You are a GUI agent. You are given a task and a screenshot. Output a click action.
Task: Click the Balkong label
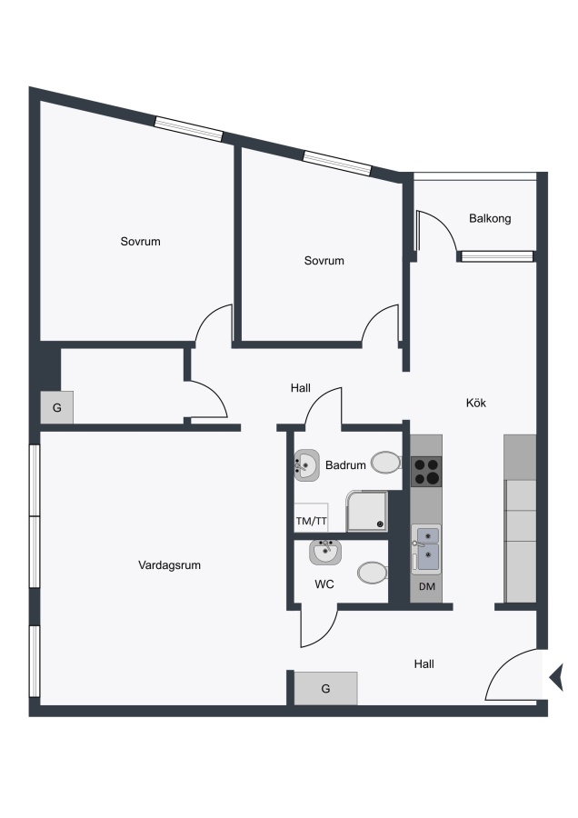pos(490,218)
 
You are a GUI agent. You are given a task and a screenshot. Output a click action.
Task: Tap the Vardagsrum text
pos(170,565)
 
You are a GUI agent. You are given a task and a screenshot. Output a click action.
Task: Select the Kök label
pos(475,403)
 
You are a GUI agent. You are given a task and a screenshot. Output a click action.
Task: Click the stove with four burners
pos(426,472)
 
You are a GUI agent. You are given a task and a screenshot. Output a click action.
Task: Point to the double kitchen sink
pos(426,549)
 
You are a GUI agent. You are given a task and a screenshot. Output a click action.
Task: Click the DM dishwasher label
pos(427,586)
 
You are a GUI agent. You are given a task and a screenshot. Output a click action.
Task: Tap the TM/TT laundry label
pos(312,521)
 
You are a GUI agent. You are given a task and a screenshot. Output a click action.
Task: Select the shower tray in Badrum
pos(367,511)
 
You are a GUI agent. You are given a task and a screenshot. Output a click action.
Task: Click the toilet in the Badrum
pos(386,463)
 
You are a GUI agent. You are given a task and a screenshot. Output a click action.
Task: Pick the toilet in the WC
pos(373,573)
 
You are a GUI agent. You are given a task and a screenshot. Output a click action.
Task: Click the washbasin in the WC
pos(325,552)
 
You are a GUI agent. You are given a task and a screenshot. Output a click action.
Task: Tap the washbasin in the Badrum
pos(307,464)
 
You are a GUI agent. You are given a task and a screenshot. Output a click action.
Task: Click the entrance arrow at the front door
pos(556,678)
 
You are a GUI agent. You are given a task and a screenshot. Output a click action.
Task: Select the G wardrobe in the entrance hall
pos(325,689)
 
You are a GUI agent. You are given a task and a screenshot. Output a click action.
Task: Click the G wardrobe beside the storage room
pos(57,407)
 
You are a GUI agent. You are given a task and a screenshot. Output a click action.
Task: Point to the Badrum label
pos(345,464)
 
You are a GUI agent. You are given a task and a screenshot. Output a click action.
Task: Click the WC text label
pos(324,584)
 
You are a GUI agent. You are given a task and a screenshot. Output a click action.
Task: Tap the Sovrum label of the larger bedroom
pos(140,242)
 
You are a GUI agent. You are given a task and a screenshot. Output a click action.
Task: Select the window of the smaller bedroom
pos(337,163)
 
